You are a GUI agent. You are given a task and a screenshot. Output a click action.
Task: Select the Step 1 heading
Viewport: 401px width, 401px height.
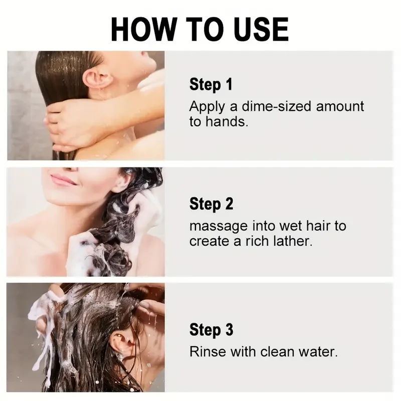click(x=211, y=84)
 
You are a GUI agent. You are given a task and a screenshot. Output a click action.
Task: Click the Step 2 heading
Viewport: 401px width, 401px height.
click(x=211, y=204)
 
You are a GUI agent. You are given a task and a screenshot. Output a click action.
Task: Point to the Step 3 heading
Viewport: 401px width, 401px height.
click(x=211, y=330)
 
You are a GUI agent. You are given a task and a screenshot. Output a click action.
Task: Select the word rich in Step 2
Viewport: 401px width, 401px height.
click(x=260, y=241)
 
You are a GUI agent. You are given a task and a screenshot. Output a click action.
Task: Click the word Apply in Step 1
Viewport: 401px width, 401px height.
click(x=206, y=106)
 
